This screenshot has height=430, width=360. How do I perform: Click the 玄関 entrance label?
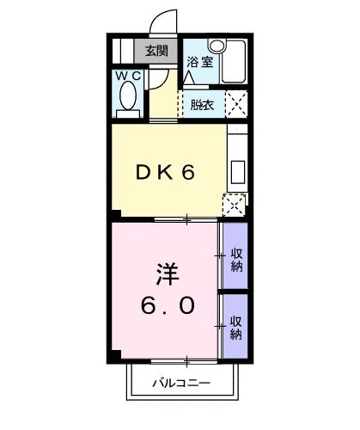[x=156, y=50]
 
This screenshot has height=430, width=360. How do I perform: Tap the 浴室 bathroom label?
[x=198, y=61]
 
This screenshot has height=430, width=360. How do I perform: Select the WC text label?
[x=128, y=77]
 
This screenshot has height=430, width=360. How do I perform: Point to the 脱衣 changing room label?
[x=202, y=107]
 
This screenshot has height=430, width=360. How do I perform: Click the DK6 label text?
[x=166, y=171]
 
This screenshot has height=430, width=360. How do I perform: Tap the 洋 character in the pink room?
[x=166, y=273]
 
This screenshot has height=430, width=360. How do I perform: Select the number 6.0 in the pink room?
[x=168, y=305]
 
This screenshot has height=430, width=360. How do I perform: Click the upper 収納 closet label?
[x=235, y=260]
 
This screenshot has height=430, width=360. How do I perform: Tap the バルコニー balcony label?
[x=181, y=381]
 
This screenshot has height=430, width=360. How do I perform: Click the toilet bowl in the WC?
[x=128, y=100]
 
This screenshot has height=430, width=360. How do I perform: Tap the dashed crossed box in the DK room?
[x=233, y=204]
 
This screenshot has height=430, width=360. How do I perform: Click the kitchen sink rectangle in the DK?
[x=236, y=163]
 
